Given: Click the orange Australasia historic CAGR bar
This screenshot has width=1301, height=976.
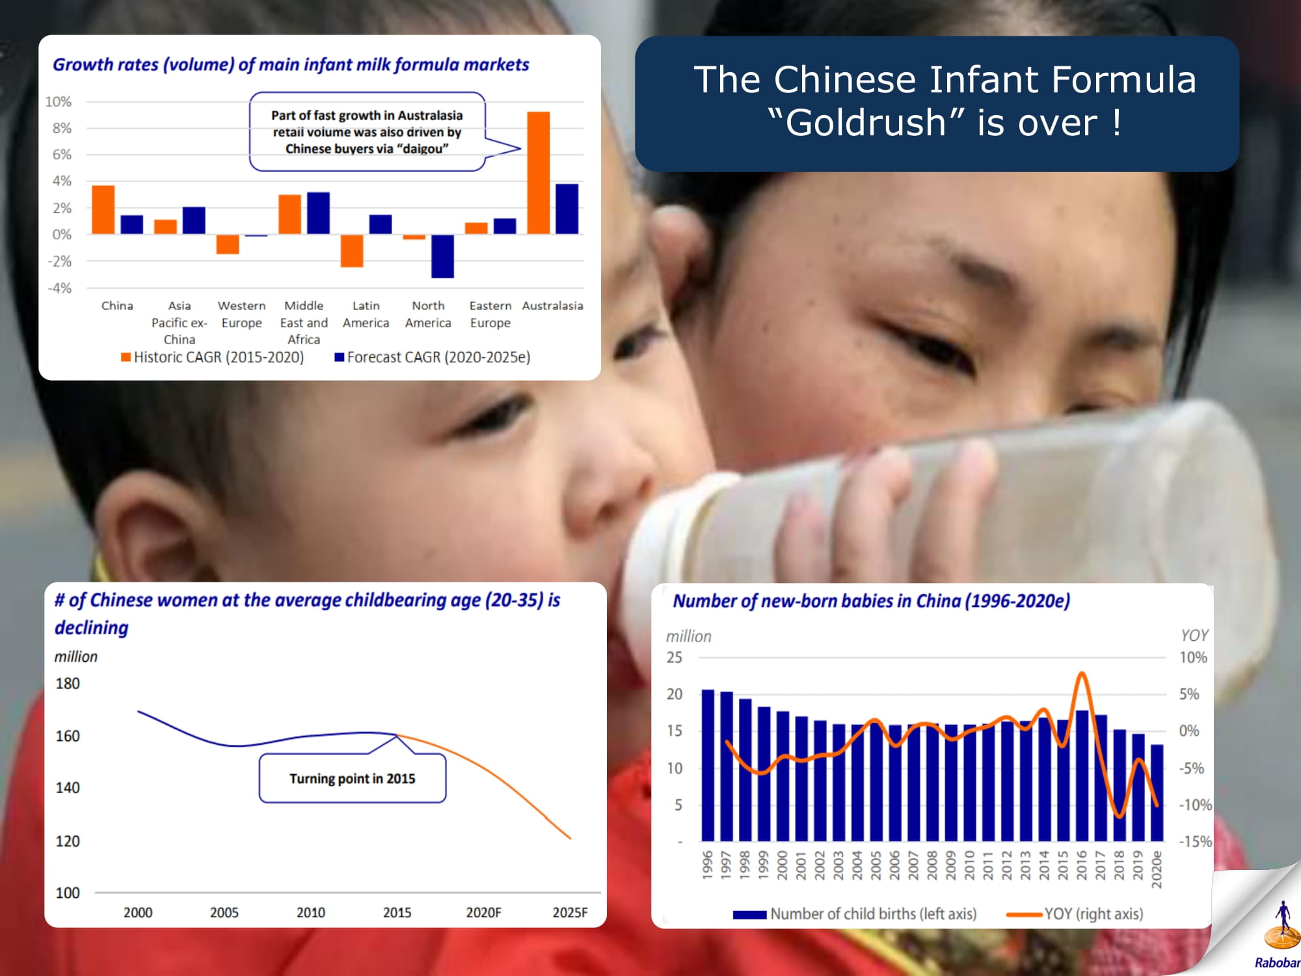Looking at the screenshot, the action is point(538,173).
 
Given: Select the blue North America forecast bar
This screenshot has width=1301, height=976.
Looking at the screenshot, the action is point(442,256).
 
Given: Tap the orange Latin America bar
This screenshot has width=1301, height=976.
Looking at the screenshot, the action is point(352,251).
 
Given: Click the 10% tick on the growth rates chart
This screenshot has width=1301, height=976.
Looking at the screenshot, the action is point(59,102).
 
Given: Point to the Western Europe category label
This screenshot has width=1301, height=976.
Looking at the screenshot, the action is point(241,314).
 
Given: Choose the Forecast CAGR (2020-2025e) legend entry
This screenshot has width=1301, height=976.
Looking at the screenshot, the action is point(433,357).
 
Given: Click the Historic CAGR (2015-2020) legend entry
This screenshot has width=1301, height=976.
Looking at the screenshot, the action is point(212,357).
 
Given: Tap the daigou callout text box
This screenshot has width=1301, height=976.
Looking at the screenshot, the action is point(368,131).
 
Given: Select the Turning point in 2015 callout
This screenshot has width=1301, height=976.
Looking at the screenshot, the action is point(353,778).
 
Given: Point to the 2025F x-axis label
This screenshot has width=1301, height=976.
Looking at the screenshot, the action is point(570,912).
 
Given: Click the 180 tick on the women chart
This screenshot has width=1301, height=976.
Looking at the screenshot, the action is point(68,683).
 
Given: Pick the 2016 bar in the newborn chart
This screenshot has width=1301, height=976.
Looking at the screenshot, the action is point(1082,776).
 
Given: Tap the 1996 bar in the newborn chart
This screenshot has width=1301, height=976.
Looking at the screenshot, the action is point(708,765).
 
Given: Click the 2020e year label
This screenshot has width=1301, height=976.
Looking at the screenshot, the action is point(1157,869).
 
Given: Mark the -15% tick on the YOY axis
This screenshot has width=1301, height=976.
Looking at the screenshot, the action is point(1196,841).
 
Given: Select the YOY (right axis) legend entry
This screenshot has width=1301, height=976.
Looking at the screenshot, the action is point(1075,914).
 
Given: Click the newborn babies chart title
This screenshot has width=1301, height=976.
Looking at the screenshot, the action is point(871,601).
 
